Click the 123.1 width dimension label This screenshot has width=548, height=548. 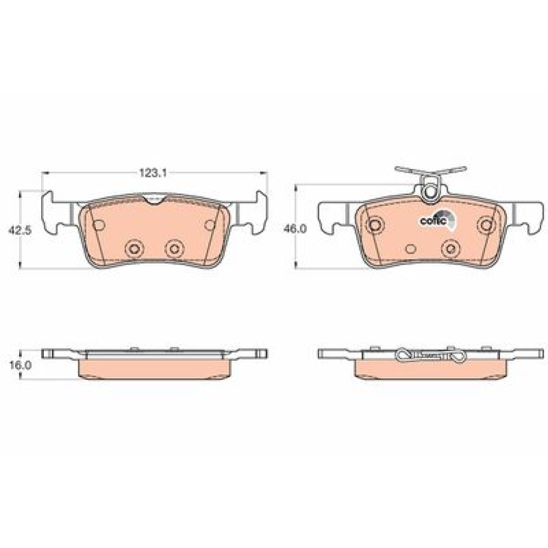(153, 173)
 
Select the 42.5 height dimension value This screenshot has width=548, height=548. (20, 230)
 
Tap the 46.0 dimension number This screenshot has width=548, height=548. (295, 229)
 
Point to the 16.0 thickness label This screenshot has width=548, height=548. (20, 366)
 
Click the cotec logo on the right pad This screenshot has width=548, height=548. (438, 220)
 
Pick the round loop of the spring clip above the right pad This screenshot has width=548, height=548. (430, 192)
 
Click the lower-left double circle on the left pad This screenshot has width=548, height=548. (135, 248)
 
